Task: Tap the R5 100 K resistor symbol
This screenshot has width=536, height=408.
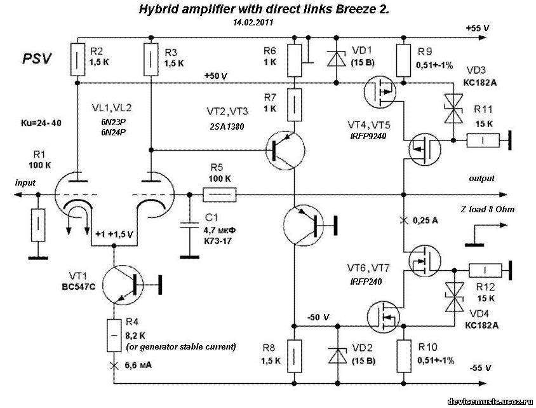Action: (220, 194)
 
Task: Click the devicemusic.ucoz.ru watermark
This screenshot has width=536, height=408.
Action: (490, 402)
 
